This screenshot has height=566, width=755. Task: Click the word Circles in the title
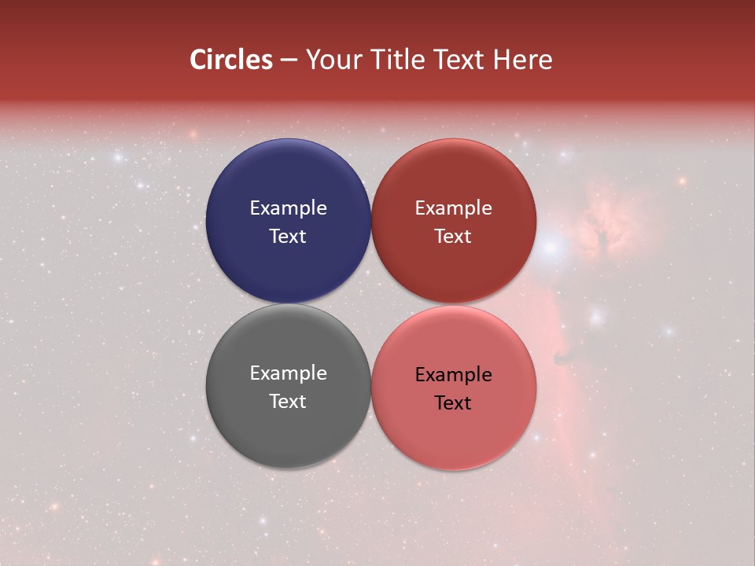pyautogui.click(x=231, y=60)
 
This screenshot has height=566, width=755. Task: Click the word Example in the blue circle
pyautogui.click(x=288, y=208)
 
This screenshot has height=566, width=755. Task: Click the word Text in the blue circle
pyautogui.click(x=288, y=236)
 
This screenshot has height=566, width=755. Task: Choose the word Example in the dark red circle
pyautogui.click(x=453, y=208)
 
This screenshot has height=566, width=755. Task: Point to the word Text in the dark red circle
pyautogui.click(x=453, y=236)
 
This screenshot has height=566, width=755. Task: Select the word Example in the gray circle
pyautogui.click(x=288, y=373)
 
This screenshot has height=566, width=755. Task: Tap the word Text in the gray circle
pyautogui.click(x=288, y=401)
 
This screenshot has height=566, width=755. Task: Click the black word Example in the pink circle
pyautogui.click(x=453, y=375)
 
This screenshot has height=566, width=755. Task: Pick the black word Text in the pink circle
pyautogui.click(x=453, y=402)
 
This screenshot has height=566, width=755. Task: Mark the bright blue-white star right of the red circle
pyautogui.click(x=552, y=248)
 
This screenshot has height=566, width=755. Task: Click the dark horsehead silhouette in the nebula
pyautogui.click(x=563, y=358)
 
